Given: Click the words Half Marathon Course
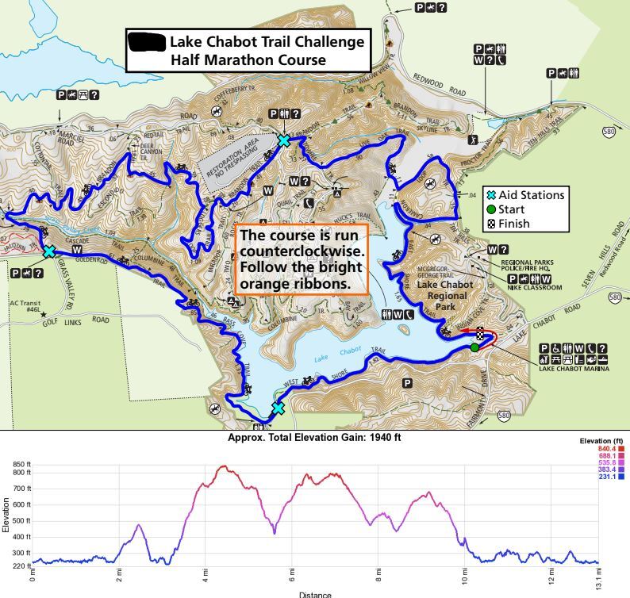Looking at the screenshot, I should pyautogui.click(x=248, y=59).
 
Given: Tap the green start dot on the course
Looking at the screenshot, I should pyautogui.click(x=474, y=347).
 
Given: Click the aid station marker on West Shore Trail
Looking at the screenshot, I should pyautogui.click(x=278, y=408).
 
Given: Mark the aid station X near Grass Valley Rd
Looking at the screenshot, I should pyautogui.click(x=49, y=251).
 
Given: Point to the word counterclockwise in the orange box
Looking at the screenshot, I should pyautogui.click(x=302, y=250).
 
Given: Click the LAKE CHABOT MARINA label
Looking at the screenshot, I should pyautogui.click(x=574, y=369).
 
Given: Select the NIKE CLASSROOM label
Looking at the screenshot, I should pyautogui.click(x=535, y=288).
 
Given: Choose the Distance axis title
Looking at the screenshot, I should pyautogui.click(x=315, y=592).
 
